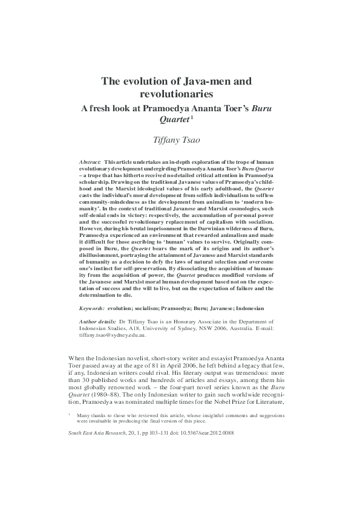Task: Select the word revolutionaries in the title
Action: (176, 94)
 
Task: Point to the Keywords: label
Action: (96, 308)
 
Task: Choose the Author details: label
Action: (99, 321)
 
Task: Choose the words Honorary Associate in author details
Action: (187, 321)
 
